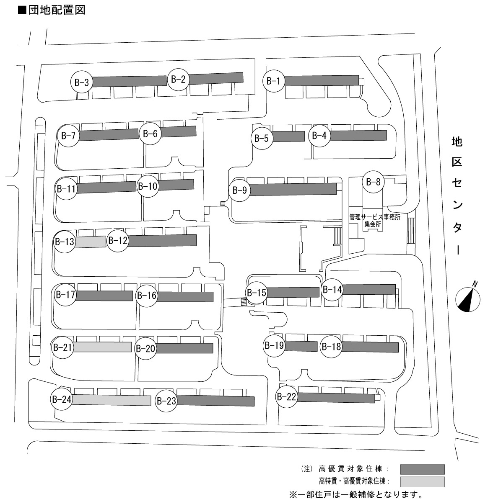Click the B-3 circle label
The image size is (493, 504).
coord(81,82)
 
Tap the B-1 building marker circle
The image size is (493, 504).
coord(274,81)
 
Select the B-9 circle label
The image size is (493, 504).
coord(239,190)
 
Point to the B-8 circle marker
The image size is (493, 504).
coord(373,182)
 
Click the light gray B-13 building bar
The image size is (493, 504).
coord(90,242)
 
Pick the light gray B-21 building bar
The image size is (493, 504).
coord(103,347)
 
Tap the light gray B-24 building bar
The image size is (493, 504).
coord(112,400)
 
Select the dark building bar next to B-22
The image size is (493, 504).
coord(336,397)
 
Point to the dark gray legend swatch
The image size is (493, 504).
coord(422,469)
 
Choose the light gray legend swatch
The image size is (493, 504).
coord(422,482)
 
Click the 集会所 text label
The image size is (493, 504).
coord(372,224)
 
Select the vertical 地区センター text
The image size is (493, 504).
coord(457,195)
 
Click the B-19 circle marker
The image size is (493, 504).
coord(274,345)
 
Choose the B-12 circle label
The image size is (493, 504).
coord(117,240)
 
